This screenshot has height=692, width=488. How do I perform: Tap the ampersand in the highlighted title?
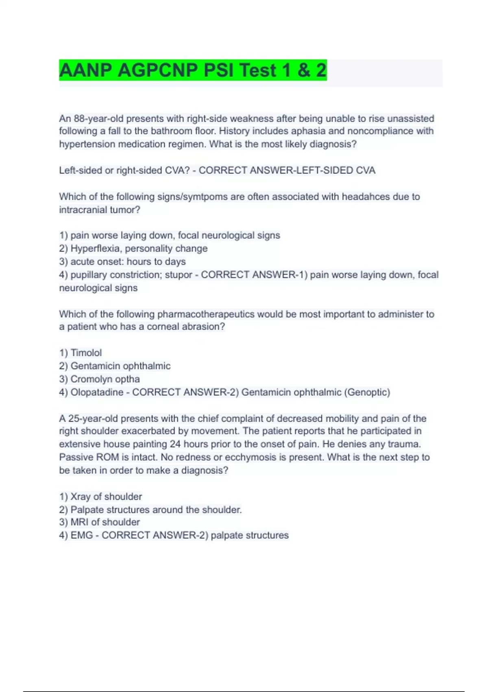point(303,70)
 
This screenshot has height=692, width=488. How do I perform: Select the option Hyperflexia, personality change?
point(139,248)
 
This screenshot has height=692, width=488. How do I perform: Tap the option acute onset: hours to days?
point(128,261)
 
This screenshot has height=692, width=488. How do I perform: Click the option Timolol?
point(86,353)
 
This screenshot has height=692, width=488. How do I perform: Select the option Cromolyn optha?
point(105,379)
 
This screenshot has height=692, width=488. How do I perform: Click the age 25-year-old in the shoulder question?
point(93,418)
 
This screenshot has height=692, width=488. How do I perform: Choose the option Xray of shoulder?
point(106,497)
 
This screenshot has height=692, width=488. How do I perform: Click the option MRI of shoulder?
point(105,522)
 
